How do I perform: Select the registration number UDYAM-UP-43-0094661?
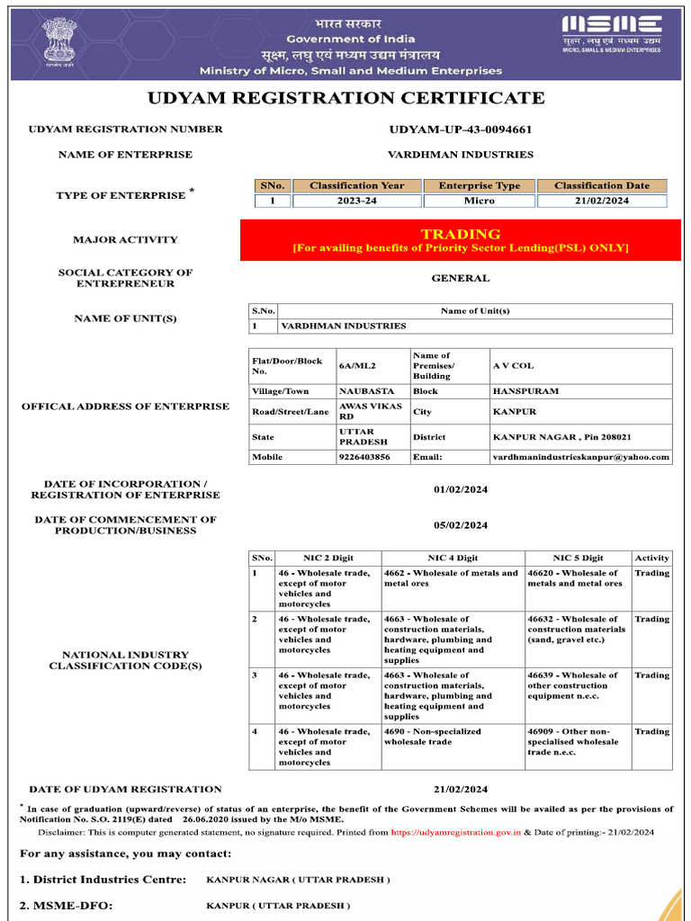coord(460,130)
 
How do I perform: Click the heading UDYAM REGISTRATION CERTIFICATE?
coord(345,98)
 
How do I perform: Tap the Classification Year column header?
coord(356,186)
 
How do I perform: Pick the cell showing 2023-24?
coord(356,201)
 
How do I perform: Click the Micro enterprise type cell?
coord(479,201)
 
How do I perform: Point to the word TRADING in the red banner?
coord(460,234)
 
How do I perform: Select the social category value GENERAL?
coord(460,279)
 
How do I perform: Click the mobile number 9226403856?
coord(364,457)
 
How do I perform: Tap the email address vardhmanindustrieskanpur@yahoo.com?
coord(580,457)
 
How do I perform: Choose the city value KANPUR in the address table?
coord(515,412)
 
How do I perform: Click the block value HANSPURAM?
coord(525,391)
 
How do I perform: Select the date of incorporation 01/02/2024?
coord(460,490)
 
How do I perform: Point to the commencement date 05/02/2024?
coord(460,525)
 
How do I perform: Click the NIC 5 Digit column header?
coord(578,559)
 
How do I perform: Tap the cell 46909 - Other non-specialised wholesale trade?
coord(572,742)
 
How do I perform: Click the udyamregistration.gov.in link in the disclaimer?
coord(456,833)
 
